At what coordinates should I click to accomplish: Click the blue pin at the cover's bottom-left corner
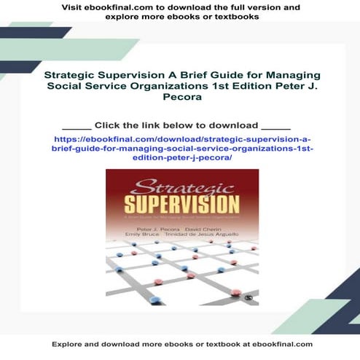(x=112, y=298)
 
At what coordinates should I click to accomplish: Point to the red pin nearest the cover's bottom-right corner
(x=235, y=293)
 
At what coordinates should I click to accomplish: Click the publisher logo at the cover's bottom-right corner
(x=250, y=299)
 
